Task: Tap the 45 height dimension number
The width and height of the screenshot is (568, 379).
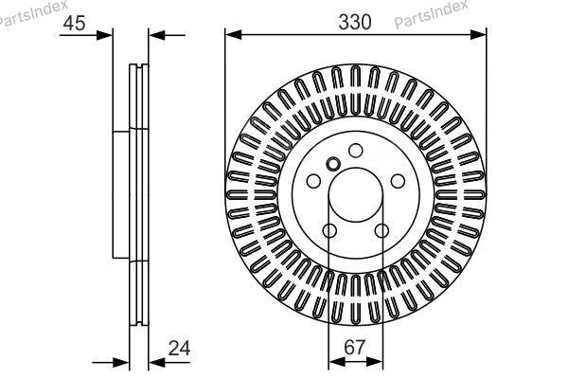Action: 75,24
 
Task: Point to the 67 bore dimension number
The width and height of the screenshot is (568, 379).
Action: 355,348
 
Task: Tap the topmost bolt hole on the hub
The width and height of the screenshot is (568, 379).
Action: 355,150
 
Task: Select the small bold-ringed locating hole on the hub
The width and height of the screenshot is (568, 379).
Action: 331,162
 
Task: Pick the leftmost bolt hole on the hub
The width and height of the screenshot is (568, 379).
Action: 312,181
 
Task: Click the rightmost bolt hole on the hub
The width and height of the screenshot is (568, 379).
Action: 398,181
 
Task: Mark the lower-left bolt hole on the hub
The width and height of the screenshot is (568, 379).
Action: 328,231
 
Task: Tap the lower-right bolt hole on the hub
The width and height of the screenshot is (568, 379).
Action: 382,231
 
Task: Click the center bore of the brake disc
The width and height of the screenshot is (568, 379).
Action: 355,194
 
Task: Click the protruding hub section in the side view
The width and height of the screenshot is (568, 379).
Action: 120,194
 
